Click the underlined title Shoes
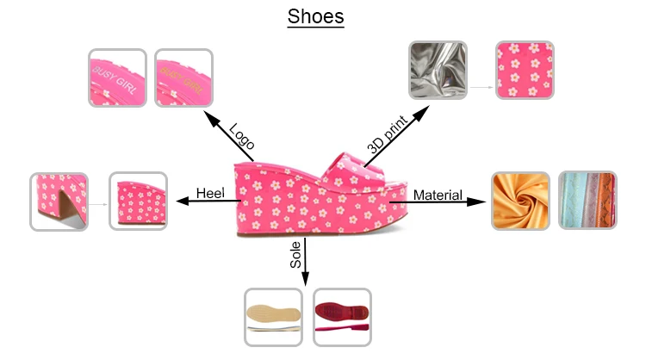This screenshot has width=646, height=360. point(315,16)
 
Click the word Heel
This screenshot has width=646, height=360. point(210,193)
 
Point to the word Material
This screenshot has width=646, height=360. point(438,196)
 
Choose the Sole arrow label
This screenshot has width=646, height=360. point(295,255)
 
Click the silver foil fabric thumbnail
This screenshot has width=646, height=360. point(438,70)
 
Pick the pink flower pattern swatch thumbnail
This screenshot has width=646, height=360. point(522,70)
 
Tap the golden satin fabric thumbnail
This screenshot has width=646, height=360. point(520,201)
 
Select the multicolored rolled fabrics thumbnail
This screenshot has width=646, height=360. point(587,201)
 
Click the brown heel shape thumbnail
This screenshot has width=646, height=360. point(59,202)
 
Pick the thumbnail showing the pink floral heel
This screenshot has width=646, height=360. point(138,202)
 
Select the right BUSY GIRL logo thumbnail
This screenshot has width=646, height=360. point(183,78)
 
